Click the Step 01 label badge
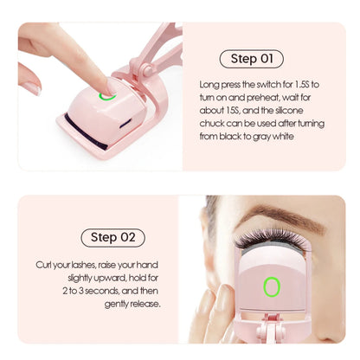252,59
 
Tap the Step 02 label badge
112,238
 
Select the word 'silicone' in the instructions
289,110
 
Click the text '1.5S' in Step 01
301,85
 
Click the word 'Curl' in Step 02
42,265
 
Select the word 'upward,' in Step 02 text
110,278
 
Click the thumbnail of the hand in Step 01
33,88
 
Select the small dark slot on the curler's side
125,123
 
